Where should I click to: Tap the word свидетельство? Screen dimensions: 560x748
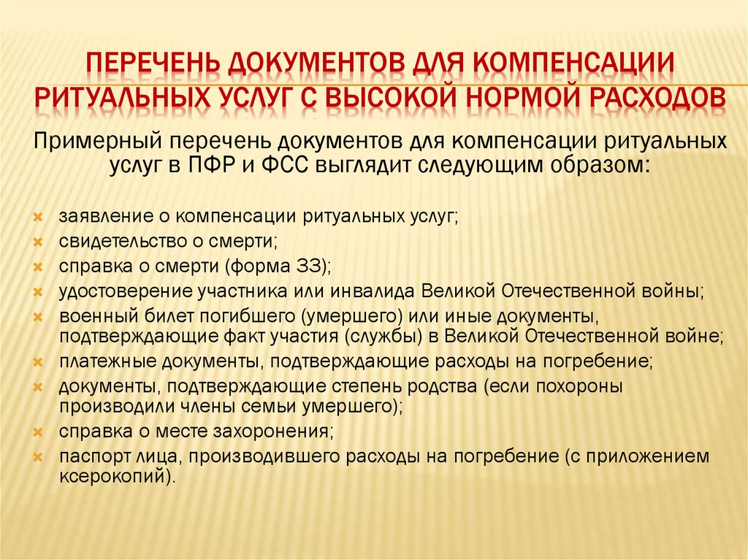(x=117, y=242)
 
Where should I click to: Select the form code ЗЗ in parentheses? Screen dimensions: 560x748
(x=312, y=266)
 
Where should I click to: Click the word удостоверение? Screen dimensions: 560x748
(x=118, y=291)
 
